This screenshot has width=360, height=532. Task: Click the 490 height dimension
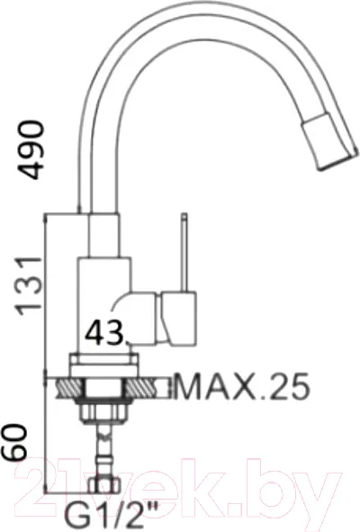point(31,149)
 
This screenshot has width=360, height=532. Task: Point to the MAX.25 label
point(242,386)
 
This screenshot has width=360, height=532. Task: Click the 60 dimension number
point(14,443)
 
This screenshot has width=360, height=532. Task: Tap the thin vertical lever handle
point(184,252)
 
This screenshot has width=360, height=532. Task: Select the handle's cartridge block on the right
point(178,319)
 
